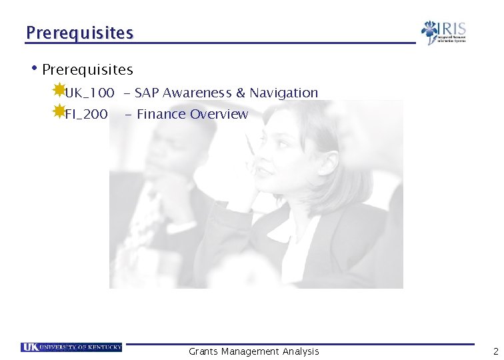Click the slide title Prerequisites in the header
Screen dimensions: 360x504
pos(79,33)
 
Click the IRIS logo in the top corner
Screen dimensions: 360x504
pos(443,32)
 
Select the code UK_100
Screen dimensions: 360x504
pos(89,93)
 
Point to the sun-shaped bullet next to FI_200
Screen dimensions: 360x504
pos(59,111)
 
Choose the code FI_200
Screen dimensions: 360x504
pos(86,115)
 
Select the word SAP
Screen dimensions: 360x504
pos(147,93)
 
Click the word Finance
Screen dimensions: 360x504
pos(161,115)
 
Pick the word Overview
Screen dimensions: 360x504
pos(219,115)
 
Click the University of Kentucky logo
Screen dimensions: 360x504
pos(71,347)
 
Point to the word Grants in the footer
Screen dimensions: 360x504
pos(203,351)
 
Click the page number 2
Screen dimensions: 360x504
pos(495,351)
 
